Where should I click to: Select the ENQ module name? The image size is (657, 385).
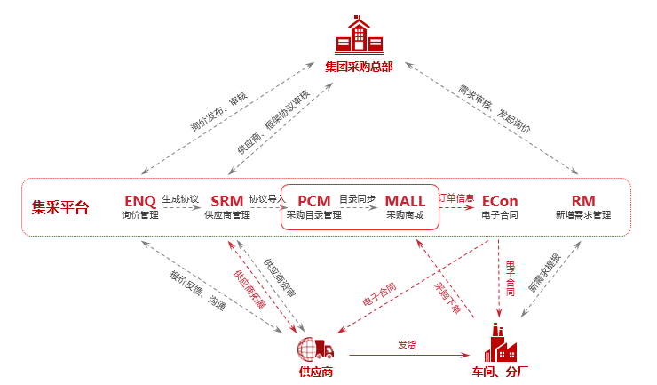tap(139, 201)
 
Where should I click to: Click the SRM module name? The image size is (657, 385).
tap(227, 201)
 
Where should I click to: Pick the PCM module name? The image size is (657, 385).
tap(314, 201)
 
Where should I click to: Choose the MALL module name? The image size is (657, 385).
tap(405, 201)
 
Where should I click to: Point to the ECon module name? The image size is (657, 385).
tap(500, 201)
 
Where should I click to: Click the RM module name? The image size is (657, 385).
tap(583, 201)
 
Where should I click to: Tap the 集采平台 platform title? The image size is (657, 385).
tap(60, 207)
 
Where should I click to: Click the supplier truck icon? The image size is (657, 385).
tap(317, 347)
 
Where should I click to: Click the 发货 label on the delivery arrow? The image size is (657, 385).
tap(407, 344)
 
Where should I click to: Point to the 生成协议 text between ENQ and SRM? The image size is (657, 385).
tap(180, 199)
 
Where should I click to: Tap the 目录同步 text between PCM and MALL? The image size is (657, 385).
tap(357, 199)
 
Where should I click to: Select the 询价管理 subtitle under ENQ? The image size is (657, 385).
tap(139, 215)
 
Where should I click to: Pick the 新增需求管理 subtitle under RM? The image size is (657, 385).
tap(583, 215)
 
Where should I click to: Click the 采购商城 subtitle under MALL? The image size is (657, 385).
tap(405, 215)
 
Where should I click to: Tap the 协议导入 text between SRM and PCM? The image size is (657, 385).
tap(263, 199)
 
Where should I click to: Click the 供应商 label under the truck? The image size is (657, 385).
tap(316, 372)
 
